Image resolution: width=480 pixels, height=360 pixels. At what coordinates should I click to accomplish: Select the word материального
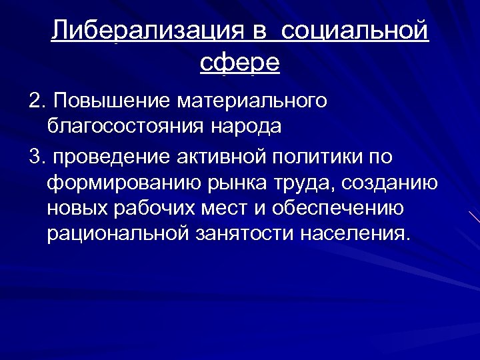pos(252,101)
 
